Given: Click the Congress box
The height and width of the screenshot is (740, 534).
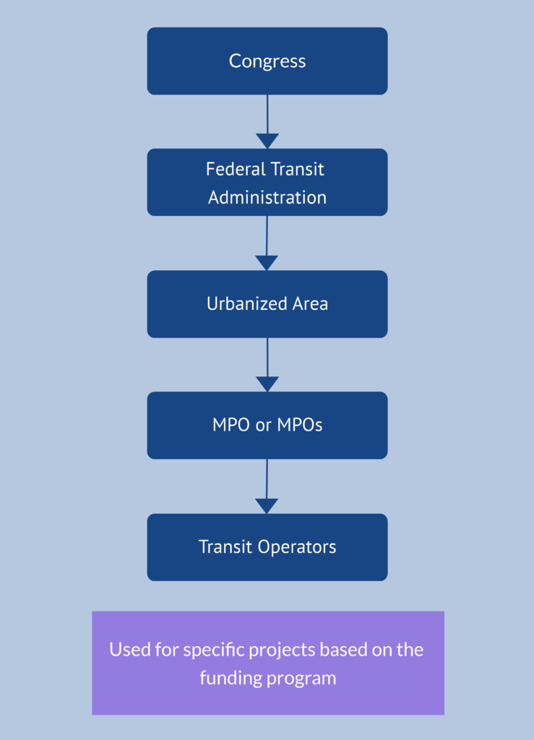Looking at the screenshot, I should point(267,61).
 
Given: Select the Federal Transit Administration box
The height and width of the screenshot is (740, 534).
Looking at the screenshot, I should point(267,182).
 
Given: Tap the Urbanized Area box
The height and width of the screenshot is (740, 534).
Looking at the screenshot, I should point(267,304).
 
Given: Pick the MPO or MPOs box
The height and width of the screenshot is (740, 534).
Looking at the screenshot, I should point(267,426).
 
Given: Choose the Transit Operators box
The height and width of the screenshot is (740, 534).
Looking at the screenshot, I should point(267,547).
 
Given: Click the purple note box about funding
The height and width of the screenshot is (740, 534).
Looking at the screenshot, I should point(267,663).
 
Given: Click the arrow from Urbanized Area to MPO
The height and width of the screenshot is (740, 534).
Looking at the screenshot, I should point(267,365).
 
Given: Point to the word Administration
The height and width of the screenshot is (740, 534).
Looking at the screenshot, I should point(267,197).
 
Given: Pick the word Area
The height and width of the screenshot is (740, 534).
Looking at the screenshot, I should point(309,304).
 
